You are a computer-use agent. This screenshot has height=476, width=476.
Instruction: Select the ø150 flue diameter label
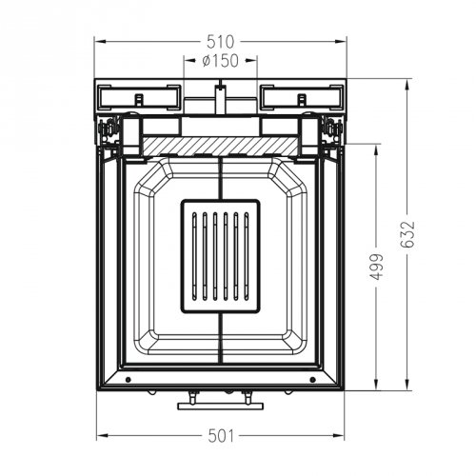pyautogui.click(x=220, y=62)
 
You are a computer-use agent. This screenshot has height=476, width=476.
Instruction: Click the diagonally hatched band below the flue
pyautogui.click(x=220, y=145)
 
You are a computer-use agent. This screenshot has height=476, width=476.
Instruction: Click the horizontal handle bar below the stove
pyautogui.click(x=220, y=406)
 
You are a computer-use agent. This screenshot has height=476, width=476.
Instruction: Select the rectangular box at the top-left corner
pyautogui.click(x=137, y=96)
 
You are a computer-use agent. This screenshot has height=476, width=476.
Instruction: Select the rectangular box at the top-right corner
pyautogui.click(x=303, y=96)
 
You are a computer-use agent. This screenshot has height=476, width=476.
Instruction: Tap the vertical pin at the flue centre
pyautogui.click(x=220, y=97)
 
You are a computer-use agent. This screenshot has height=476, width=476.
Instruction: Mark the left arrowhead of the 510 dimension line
pyautogui.click(x=98, y=42)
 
